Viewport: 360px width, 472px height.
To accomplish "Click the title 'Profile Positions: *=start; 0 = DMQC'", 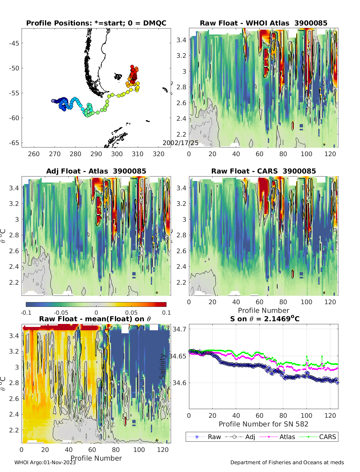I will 96,23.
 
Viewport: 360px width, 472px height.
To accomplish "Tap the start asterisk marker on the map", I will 53,101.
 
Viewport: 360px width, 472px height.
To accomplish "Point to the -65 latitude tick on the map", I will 14,143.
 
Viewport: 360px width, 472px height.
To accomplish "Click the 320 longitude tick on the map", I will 158,154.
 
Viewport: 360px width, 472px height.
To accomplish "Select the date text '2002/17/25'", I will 180,143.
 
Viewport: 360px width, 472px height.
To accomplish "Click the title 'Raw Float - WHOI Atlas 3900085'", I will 263,23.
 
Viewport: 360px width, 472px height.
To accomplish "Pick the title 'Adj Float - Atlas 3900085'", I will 96,171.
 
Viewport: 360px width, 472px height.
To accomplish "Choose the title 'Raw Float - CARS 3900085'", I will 263,171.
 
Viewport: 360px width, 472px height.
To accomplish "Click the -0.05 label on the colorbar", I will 61,313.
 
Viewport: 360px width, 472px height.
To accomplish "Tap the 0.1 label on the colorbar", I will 166,313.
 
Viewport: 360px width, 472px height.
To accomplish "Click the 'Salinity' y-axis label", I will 162,366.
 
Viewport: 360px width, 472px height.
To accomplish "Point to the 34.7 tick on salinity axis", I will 179,329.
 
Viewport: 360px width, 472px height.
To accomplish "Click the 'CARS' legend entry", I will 327,437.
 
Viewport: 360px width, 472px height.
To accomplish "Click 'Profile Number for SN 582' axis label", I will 263,424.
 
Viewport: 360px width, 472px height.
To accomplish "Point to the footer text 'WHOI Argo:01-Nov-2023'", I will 45,462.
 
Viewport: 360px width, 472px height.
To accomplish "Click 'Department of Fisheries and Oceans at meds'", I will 287,462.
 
